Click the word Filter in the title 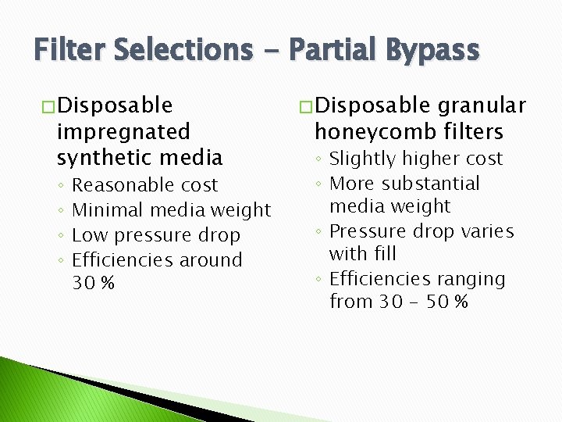70,50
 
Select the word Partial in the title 328,50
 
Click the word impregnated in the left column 123,131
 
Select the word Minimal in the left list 108,210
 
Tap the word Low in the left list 87,235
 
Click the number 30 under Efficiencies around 84,283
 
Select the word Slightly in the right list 362,159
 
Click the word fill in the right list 384,254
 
